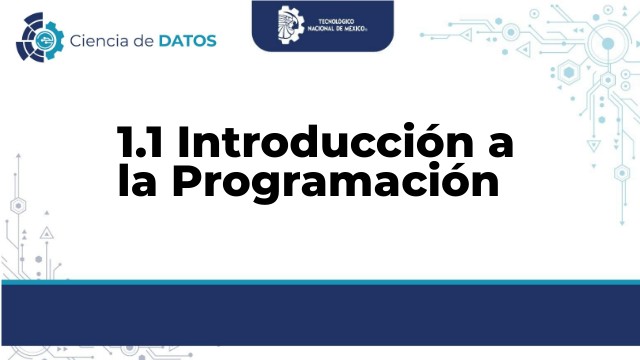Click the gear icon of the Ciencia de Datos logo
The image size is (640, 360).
(38, 38)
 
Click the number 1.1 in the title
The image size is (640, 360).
(141, 144)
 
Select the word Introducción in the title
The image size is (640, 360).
(319, 144)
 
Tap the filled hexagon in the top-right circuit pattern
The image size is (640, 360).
(569, 73)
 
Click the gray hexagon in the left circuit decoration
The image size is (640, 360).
(17, 204)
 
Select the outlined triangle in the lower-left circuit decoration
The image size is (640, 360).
(46, 233)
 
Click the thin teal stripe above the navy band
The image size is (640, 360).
(320, 282)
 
